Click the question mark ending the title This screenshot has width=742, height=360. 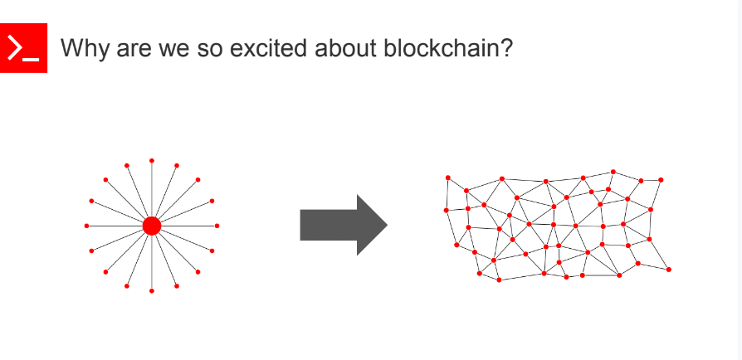(505, 48)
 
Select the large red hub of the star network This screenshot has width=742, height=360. (151, 226)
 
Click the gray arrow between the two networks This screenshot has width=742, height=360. (343, 225)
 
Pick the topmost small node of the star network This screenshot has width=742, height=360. (151, 160)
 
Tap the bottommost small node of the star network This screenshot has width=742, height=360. (151, 291)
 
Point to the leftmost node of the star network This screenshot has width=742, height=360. (86, 226)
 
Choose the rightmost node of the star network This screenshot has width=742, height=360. (217, 226)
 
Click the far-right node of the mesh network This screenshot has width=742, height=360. (669, 269)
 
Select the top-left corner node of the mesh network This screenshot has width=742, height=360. (448, 178)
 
